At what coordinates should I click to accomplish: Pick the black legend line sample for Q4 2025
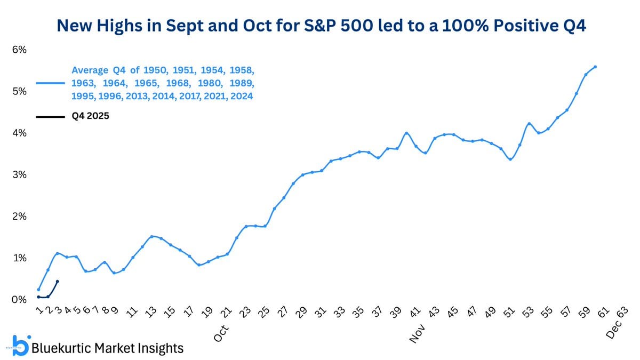coord(50,116)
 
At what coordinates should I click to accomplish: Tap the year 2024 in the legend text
coord(241,97)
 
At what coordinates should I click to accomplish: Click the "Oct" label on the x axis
coord(221,332)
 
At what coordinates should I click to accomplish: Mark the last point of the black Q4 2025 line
coord(57,281)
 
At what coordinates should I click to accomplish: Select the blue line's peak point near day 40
coord(406,133)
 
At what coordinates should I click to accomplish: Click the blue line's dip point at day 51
coord(510,159)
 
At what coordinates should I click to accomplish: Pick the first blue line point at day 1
coord(38,290)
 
